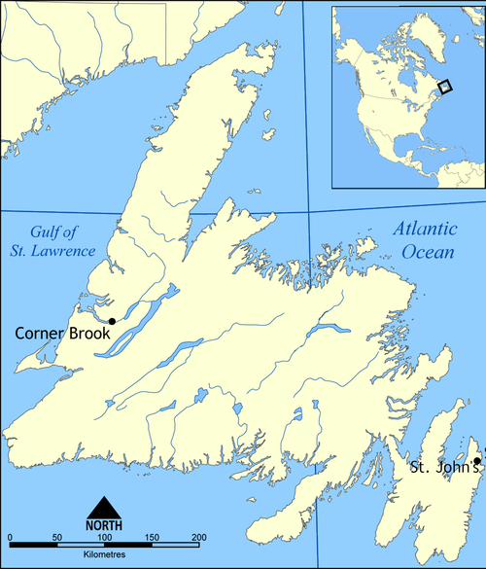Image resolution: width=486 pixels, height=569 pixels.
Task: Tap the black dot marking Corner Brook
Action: [x=112, y=321]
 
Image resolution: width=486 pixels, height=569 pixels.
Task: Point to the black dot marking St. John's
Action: [x=476, y=461]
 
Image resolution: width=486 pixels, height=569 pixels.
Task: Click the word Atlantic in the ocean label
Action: [x=425, y=231]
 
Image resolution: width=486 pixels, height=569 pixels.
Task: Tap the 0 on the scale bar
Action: [x=8, y=538]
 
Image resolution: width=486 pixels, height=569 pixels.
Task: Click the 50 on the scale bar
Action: [x=55, y=538]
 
